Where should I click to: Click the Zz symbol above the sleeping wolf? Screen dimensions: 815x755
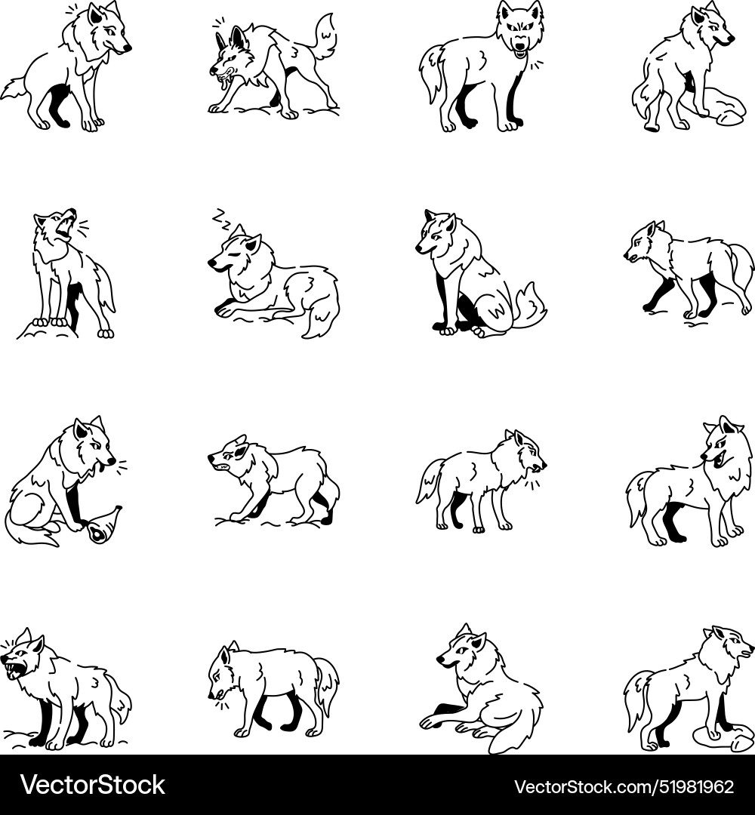(x=221, y=218)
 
